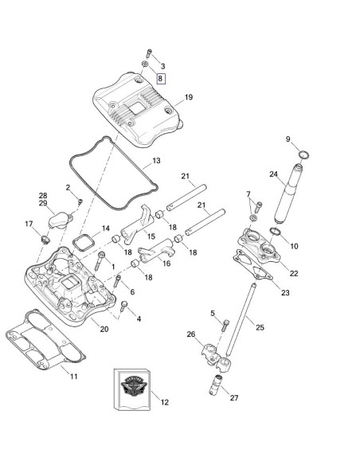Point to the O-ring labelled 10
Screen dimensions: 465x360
click(x=274, y=232)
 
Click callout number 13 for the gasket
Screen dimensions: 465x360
click(x=156, y=161)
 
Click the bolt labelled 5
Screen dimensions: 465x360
click(x=224, y=325)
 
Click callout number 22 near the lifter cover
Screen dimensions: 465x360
click(x=294, y=274)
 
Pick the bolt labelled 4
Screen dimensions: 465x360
click(x=126, y=305)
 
